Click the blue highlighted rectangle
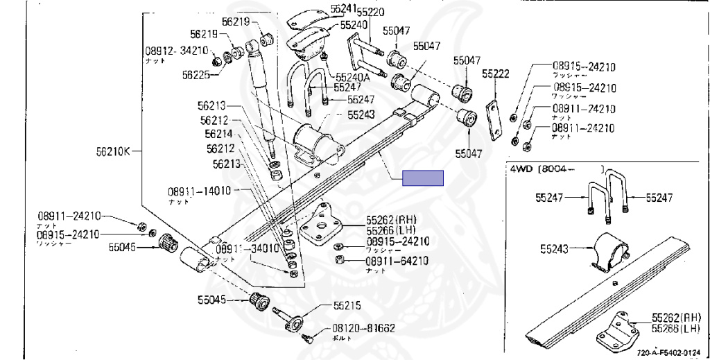tap(423, 178)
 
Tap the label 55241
tap(343, 8)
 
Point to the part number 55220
tap(371, 12)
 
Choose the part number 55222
tap(496, 73)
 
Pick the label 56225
tap(196, 75)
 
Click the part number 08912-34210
tap(176, 51)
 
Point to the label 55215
tap(347, 305)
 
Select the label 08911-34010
tap(246, 248)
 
